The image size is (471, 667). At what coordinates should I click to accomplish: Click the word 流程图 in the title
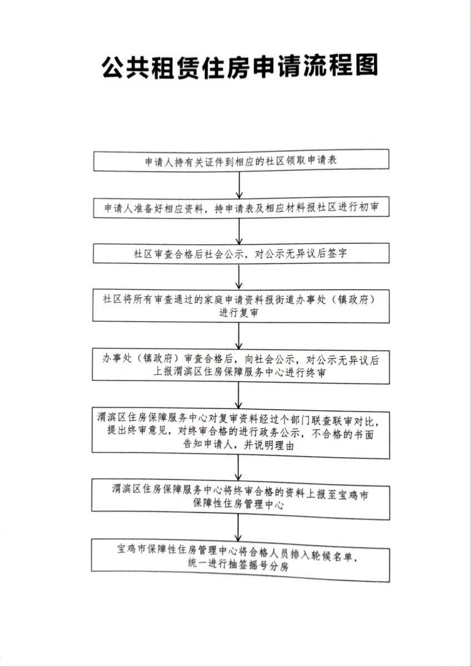(x=343, y=66)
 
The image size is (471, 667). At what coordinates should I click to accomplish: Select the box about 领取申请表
(x=240, y=162)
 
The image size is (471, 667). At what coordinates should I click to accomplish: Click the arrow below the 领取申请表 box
(x=239, y=185)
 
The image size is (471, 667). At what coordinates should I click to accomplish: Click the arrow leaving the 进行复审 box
(x=239, y=335)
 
